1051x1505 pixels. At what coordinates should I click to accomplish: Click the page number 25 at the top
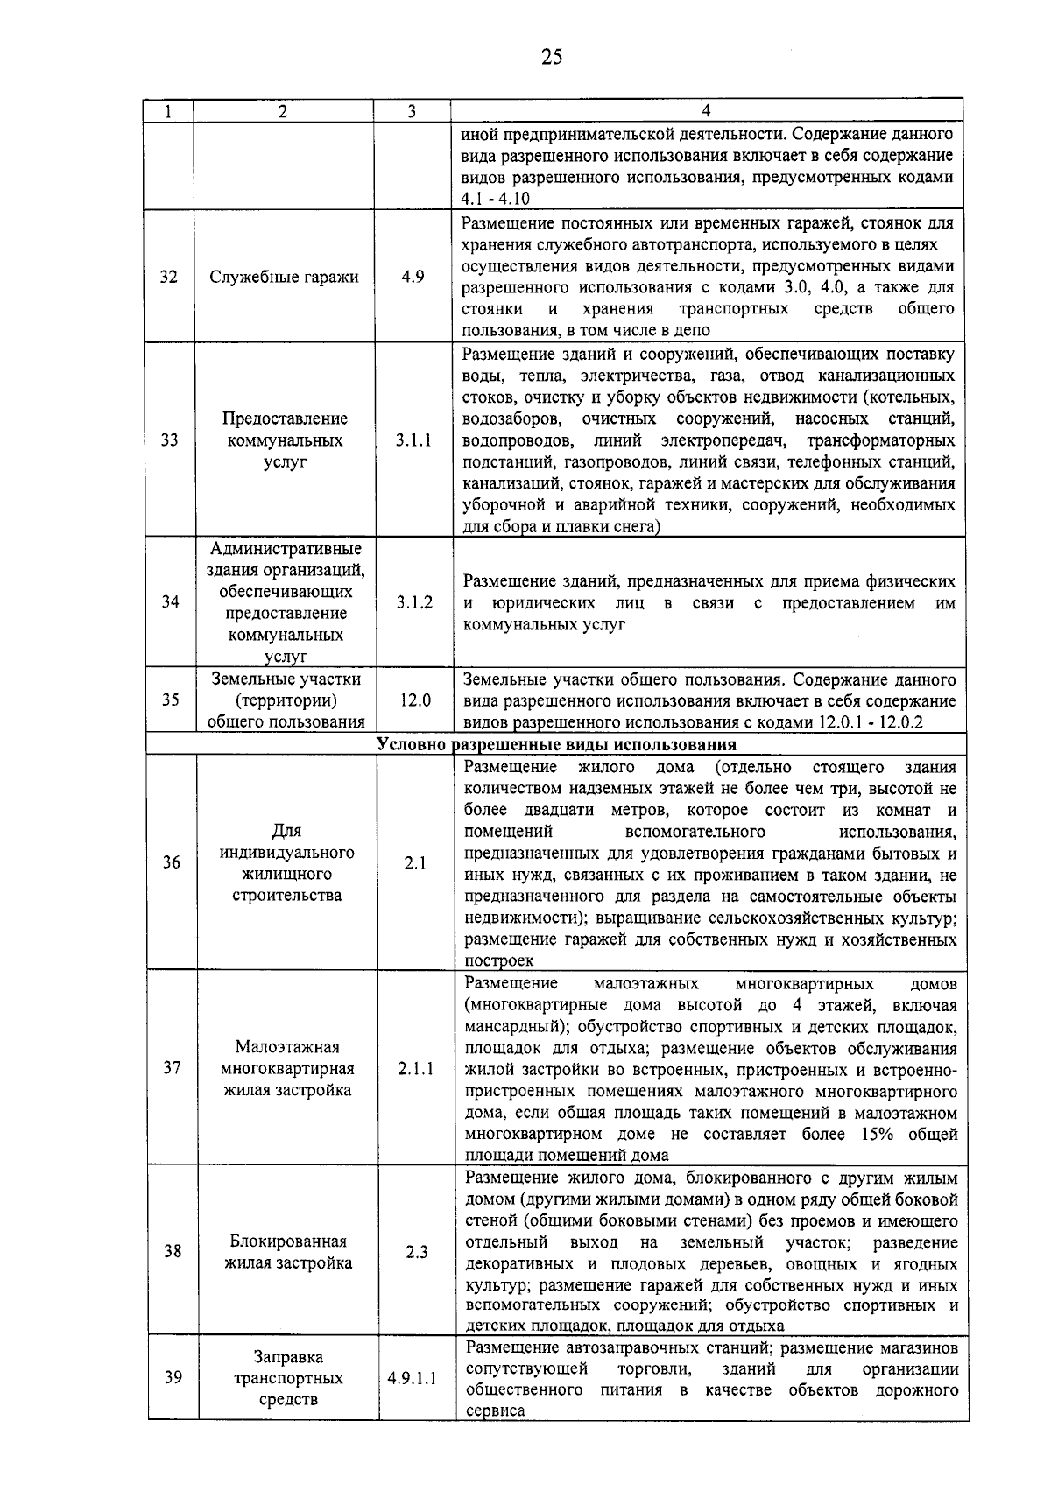click(551, 58)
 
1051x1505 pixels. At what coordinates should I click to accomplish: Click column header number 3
click(412, 111)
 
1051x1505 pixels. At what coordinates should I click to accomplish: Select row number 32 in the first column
click(168, 277)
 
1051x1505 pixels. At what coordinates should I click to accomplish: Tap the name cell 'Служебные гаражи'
click(285, 277)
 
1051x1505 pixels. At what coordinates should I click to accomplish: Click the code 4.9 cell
click(413, 277)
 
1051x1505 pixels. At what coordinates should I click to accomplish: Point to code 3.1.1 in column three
click(413, 440)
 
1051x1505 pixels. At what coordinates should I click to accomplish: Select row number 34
click(170, 601)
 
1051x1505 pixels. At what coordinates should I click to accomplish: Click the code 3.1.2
click(414, 601)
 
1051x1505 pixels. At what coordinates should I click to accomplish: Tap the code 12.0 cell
click(414, 700)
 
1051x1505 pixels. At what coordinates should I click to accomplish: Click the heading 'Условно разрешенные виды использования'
click(556, 745)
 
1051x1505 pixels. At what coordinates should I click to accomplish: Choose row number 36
click(171, 862)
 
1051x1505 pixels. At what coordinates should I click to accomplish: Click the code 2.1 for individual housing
click(415, 863)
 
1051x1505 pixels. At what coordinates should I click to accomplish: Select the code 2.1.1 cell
click(415, 1068)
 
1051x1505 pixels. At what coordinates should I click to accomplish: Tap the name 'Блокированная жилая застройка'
click(288, 1252)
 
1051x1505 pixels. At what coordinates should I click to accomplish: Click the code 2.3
click(417, 1252)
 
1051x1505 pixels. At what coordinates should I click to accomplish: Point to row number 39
click(173, 1377)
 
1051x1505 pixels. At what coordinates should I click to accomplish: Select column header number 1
click(167, 111)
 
